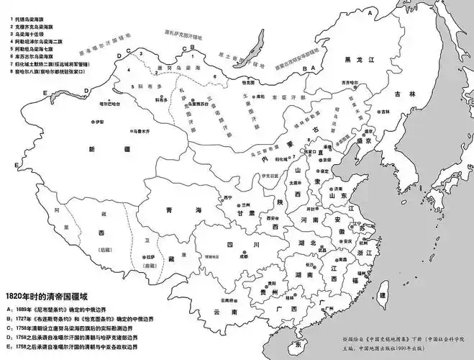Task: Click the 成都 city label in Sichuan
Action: [x=246, y=256]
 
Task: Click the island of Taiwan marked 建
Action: [x=383, y=295]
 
